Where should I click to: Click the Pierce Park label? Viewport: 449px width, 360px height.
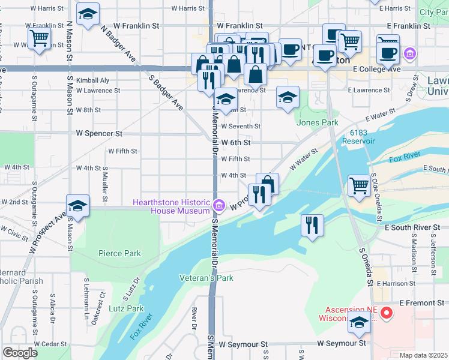pos(119,253)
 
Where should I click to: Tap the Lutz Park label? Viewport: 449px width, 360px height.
pos(126,308)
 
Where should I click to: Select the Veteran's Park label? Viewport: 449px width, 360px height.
pos(206,278)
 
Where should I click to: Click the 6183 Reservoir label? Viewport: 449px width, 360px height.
pos(358,137)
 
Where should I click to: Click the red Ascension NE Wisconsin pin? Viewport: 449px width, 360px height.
pos(387,313)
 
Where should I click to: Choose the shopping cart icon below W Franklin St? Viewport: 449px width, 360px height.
pos(39,38)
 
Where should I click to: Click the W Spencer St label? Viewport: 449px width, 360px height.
pos(99,133)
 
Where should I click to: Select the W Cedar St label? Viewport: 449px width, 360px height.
pos(50,344)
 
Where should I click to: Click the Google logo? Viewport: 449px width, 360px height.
pos(19,352)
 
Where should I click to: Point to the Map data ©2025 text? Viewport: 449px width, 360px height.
pos(423,355)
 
